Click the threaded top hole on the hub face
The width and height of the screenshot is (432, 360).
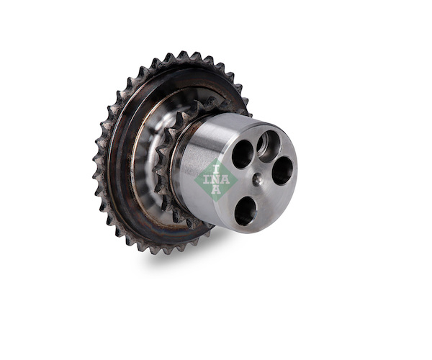point(269,146)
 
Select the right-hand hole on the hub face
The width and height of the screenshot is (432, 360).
point(282,171)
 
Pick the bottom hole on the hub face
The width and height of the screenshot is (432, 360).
point(245,210)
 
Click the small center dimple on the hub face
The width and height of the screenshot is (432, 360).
point(258,179)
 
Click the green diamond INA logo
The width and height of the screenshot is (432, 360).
point(216,180)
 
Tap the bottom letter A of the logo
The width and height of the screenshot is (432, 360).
point(217,190)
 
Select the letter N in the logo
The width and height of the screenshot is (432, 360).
point(216,179)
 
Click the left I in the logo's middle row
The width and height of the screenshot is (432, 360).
point(207,179)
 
